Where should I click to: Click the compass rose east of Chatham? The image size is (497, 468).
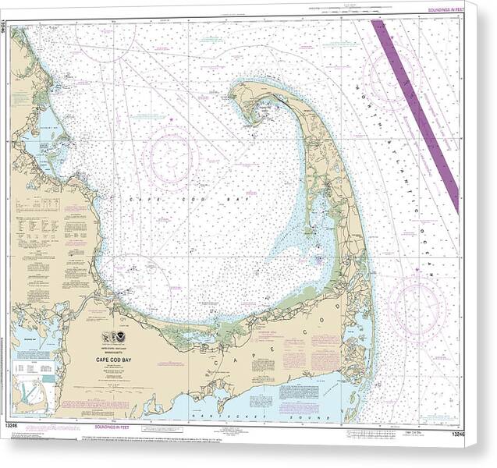click(418, 304)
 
